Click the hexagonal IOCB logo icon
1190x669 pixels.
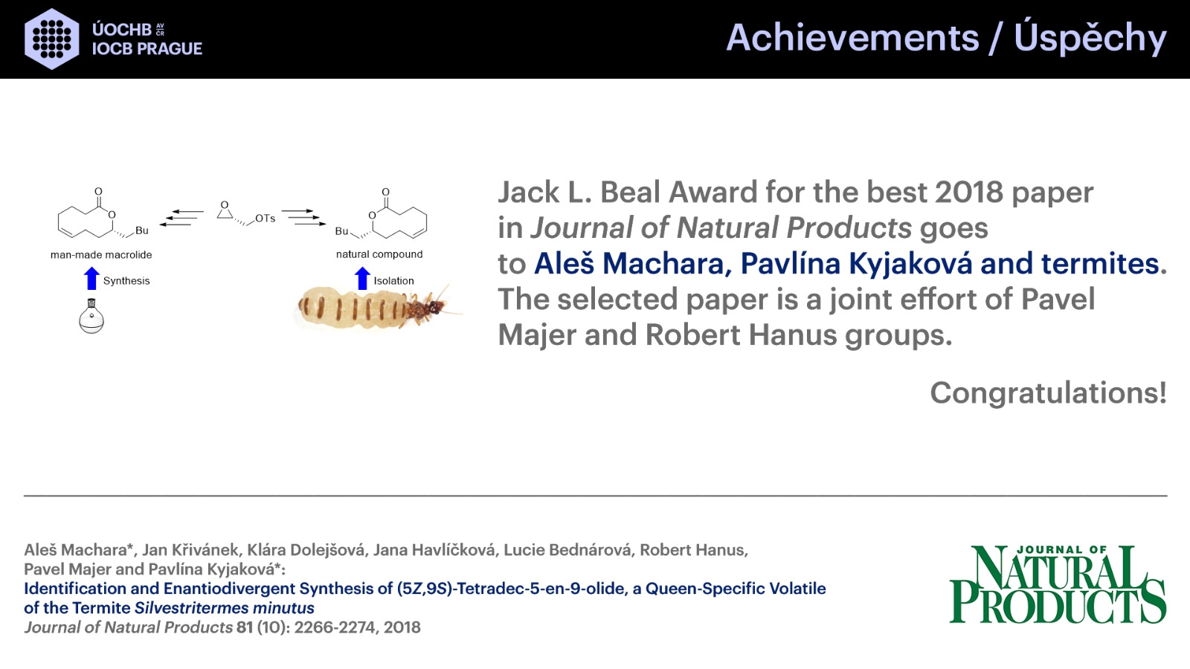point(52,39)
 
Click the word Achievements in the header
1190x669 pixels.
point(852,38)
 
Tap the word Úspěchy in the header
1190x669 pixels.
point(1090,37)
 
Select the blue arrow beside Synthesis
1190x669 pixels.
point(92,278)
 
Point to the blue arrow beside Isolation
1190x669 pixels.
point(362,278)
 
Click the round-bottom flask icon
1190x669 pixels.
point(91,316)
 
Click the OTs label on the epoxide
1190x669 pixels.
point(265,219)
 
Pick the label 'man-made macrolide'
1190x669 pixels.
point(101,255)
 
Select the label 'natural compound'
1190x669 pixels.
point(379,254)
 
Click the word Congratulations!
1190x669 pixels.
point(1048,393)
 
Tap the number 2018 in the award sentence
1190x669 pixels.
point(969,193)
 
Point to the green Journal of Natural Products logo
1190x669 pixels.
point(1058,584)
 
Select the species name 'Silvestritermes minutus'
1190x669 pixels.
point(224,608)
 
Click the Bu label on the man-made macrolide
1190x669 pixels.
point(142,230)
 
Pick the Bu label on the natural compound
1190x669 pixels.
point(341,231)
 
